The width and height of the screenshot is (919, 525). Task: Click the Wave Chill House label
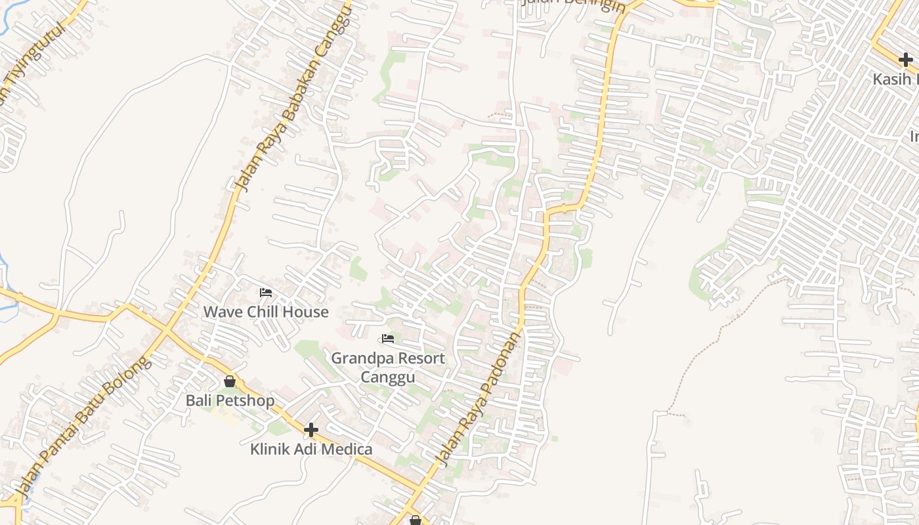click(265, 312)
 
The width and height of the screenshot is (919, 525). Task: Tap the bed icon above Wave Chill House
click(265, 293)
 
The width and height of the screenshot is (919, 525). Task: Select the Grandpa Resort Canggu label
click(387, 367)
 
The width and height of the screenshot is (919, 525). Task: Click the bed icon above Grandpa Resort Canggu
click(388, 339)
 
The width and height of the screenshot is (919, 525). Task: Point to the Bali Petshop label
click(230, 400)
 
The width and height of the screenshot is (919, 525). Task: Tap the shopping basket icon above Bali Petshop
click(230, 381)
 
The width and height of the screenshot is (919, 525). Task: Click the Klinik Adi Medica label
click(311, 450)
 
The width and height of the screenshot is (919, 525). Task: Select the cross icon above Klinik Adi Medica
click(311, 430)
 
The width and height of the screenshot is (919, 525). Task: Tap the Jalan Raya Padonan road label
click(479, 398)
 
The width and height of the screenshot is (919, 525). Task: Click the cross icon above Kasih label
click(906, 60)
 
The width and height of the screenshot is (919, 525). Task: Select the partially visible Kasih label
click(895, 79)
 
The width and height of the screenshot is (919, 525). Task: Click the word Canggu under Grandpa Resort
click(387, 377)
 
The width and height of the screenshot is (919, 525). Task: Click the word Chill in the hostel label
click(266, 312)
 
